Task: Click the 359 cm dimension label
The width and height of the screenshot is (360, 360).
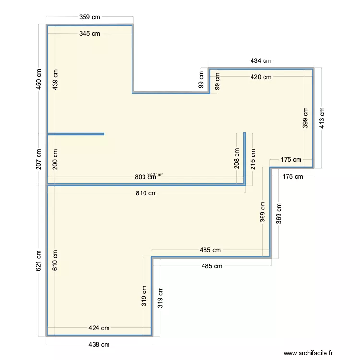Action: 90,17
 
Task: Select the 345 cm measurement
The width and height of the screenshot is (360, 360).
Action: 90,33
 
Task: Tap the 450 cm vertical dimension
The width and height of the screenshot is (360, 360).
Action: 39,79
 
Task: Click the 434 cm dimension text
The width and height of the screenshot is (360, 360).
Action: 261,60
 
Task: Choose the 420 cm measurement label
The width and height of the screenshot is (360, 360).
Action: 261,77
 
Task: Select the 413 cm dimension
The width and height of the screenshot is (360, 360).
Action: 322,118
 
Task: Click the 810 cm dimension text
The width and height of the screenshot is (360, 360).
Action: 146,193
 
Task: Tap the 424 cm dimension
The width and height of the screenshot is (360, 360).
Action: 99,328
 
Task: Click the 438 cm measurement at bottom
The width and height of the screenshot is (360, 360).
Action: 99,345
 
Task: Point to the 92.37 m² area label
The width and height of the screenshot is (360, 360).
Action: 155,174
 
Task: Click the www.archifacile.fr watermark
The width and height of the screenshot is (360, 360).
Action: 308,353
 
